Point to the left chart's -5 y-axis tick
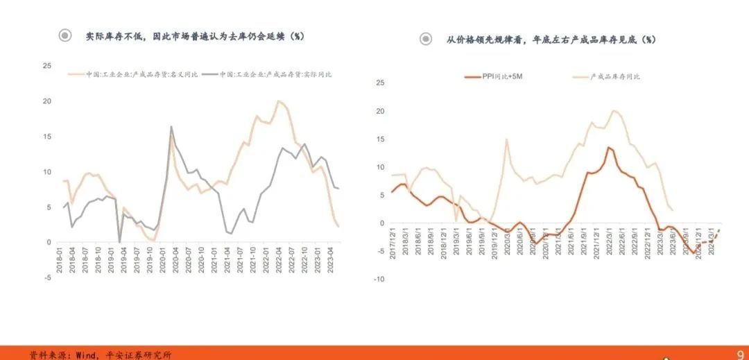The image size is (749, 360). tap(47, 278)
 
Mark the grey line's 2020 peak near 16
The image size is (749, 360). tap(171, 127)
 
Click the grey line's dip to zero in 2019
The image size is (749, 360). tap(119, 242)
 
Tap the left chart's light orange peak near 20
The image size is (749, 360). tap(278, 101)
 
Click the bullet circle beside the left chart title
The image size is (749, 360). tap(65, 35)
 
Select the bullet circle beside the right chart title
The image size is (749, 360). tap(426, 40)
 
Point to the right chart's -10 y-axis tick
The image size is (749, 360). tap(379, 279)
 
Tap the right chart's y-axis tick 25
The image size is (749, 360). tap(380, 83)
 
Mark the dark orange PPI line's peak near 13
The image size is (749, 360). tap(608, 147)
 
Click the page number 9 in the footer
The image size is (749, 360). tap(740, 353)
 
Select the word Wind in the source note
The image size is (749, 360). tap(84, 355)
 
